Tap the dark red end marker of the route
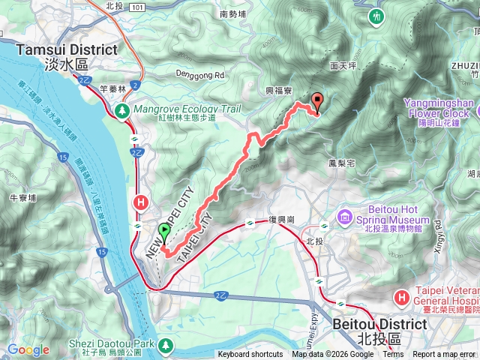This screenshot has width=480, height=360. [316, 102]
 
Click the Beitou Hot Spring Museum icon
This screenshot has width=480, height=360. [344, 217]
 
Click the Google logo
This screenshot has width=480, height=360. [28, 349]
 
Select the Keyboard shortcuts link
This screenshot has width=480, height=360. [250, 355]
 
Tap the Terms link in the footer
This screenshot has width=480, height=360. [392, 355]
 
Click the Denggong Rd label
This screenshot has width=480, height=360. [200, 76]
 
